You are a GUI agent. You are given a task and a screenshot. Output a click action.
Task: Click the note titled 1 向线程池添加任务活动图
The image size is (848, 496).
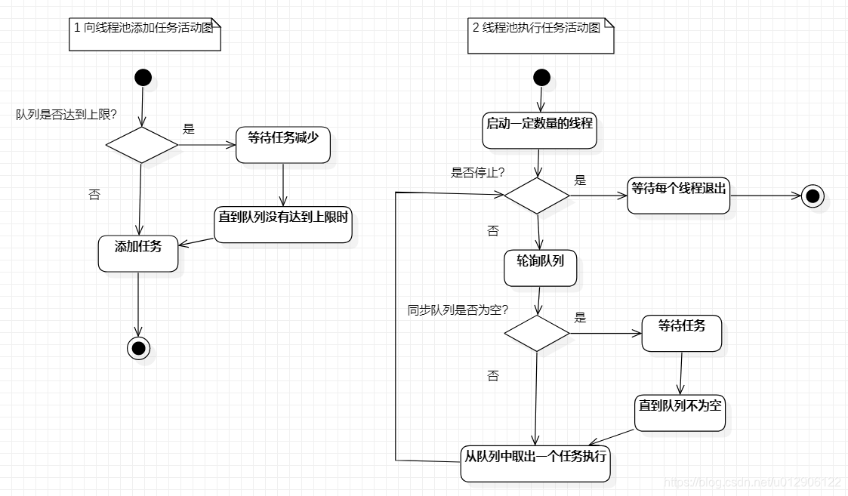tap(146, 35)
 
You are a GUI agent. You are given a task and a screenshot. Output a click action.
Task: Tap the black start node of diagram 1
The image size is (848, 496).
tap(143, 77)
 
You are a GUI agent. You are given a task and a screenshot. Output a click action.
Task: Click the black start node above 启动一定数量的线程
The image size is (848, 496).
tap(541, 77)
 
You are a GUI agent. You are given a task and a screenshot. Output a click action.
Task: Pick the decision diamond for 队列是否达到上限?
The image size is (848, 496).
tap(141, 144)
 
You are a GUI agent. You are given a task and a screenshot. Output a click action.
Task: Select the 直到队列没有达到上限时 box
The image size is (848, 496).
tap(283, 224)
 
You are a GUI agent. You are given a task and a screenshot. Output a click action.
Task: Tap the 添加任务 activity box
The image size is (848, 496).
tap(138, 253)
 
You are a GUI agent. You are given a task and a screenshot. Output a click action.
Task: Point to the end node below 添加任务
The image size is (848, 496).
tap(139, 347)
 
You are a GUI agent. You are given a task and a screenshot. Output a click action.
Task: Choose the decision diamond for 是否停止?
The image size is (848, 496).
tap(537, 196)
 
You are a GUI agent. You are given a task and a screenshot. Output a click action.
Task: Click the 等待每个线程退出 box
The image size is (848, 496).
tap(678, 196)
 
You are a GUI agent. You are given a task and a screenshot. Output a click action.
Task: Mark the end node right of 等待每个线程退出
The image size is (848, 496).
tap(813, 196)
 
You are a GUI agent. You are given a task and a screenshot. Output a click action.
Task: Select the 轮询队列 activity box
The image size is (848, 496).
tap(540, 268)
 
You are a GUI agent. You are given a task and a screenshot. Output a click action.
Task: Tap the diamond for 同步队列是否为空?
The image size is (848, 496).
tap(537, 333)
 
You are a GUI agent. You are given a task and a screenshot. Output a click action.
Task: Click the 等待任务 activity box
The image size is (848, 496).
tap(682, 333)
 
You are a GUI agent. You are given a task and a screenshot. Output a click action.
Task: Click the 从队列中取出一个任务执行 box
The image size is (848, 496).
tap(536, 464)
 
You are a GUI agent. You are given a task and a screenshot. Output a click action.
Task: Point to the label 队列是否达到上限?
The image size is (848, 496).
tap(66, 115)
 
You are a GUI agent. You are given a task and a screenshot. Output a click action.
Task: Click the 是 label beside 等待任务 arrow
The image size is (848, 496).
tap(580, 318)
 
